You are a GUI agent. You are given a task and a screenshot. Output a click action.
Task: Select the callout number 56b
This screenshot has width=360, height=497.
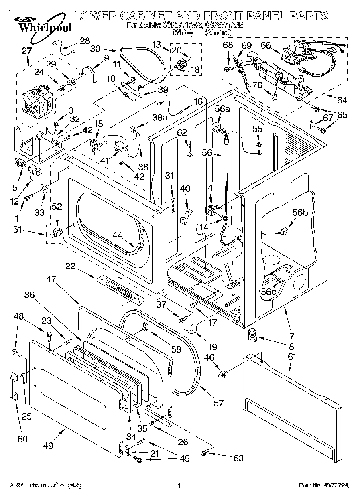[x=301, y=213]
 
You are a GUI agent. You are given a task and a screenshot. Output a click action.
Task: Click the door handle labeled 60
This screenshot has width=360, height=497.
[x=14, y=386]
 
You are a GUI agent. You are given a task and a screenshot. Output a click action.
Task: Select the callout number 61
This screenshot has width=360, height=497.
[x=292, y=356]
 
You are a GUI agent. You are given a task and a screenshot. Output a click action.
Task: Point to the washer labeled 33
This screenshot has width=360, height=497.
[x=44, y=188]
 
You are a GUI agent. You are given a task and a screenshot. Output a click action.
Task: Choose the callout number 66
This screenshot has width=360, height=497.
[x=266, y=46]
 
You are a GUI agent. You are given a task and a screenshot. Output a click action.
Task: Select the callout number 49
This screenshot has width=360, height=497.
[x=49, y=445]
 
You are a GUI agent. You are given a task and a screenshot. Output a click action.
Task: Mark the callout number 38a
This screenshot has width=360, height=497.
[x=159, y=117]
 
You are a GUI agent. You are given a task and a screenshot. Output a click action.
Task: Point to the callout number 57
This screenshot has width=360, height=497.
[x=219, y=402]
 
